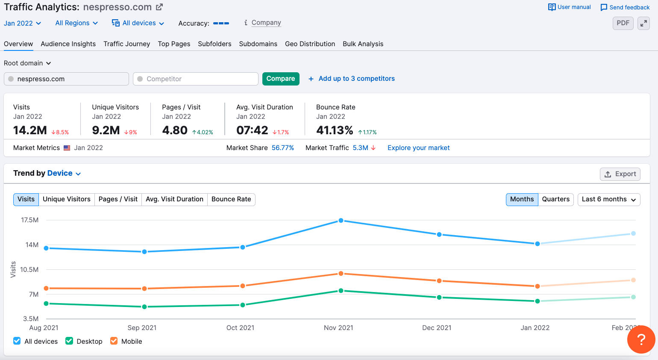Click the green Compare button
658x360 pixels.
(281, 79)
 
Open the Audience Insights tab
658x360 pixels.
(68, 44)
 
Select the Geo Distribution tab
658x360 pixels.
(310, 44)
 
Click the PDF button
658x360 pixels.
(623, 23)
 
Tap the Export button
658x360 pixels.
(620, 174)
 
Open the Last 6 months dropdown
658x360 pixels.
(608, 199)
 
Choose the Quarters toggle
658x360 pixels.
(555, 199)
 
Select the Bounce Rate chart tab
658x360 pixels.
(231, 199)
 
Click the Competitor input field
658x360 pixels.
(196, 79)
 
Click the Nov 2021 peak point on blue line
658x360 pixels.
(341, 221)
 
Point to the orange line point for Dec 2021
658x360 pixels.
(439, 281)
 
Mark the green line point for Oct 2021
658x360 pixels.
(243, 305)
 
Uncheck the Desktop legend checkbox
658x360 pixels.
(69, 341)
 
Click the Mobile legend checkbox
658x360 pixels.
(114, 341)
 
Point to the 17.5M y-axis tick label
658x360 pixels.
(30, 220)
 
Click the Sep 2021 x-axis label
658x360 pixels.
(142, 328)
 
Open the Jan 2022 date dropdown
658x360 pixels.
(22, 23)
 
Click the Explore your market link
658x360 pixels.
(418, 148)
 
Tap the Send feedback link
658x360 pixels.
(625, 7)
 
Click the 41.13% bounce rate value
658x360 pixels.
(335, 130)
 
